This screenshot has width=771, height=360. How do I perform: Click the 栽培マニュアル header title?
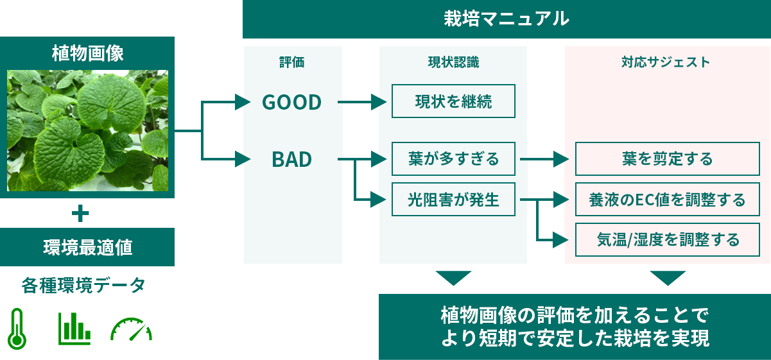point(506,19)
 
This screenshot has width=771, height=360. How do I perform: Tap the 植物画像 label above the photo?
point(87,53)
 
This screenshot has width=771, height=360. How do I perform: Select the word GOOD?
point(291,102)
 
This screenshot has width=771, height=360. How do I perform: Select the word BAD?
point(291,159)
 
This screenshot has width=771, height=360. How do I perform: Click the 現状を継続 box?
point(453,101)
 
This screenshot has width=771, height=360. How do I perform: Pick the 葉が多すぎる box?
point(453,159)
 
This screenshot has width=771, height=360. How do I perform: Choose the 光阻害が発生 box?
point(453,200)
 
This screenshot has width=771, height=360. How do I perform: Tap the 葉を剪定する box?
point(667,159)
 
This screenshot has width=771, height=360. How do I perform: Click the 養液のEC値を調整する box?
point(667,200)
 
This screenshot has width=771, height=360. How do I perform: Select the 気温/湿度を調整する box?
point(667,240)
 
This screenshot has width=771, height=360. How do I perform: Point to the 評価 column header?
point(291,62)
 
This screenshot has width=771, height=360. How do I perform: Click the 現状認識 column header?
point(453,62)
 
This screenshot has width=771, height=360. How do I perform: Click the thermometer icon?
point(17,328)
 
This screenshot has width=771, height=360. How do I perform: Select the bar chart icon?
point(74,328)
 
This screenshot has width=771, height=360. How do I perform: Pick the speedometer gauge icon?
point(131,329)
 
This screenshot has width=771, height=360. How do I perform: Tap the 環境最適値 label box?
point(87,247)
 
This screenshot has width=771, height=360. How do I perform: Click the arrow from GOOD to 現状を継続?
point(363,101)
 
